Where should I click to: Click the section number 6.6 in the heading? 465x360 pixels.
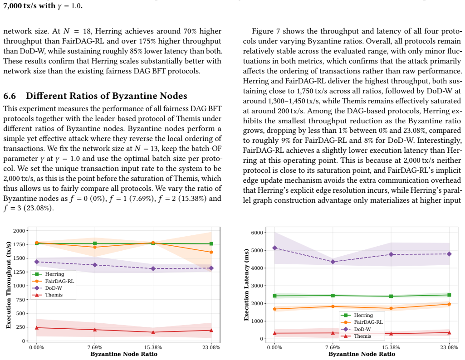click(x=10, y=96)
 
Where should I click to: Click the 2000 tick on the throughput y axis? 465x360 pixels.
click(x=19, y=231)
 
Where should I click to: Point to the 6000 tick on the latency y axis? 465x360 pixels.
click(x=257, y=233)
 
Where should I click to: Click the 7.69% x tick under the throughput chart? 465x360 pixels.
click(x=95, y=347)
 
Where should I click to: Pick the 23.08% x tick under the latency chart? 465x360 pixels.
click(x=449, y=347)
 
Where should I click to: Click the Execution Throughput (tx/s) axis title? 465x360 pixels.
click(x=8, y=285)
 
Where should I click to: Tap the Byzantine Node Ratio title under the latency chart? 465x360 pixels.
click(x=362, y=354)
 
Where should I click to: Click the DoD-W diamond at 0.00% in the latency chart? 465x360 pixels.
click(x=274, y=248)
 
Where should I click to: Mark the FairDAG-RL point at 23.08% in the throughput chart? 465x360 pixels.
click(x=211, y=252)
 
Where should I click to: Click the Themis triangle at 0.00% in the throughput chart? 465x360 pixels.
click(x=37, y=328)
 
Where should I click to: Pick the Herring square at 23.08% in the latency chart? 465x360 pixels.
click(x=449, y=295)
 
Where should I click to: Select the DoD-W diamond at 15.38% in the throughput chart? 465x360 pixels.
click(x=153, y=268)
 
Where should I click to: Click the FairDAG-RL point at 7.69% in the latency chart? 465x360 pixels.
click(x=333, y=306)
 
